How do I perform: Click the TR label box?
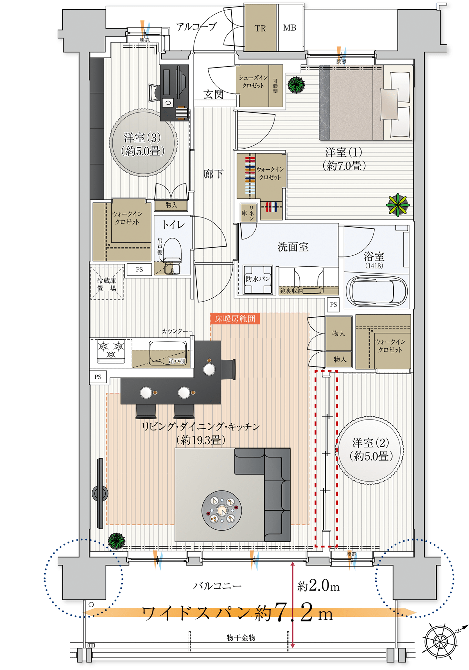click(x=260, y=28)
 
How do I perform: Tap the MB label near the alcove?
click(x=290, y=28)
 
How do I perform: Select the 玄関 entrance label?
click(x=214, y=94)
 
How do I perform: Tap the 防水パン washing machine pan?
click(x=258, y=279)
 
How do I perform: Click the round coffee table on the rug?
click(x=222, y=510)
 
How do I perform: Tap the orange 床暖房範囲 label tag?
click(x=235, y=319)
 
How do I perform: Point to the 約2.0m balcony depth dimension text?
click(x=318, y=585)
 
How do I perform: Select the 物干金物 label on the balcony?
click(x=241, y=637)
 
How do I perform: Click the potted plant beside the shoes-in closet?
click(x=296, y=85)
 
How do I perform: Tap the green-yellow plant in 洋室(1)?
click(x=398, y=205)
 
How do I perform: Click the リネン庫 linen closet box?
click(x=248, y=212)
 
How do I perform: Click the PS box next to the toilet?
click(x=139, y=270)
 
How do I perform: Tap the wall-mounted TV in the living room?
click(x=100, y=493)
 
